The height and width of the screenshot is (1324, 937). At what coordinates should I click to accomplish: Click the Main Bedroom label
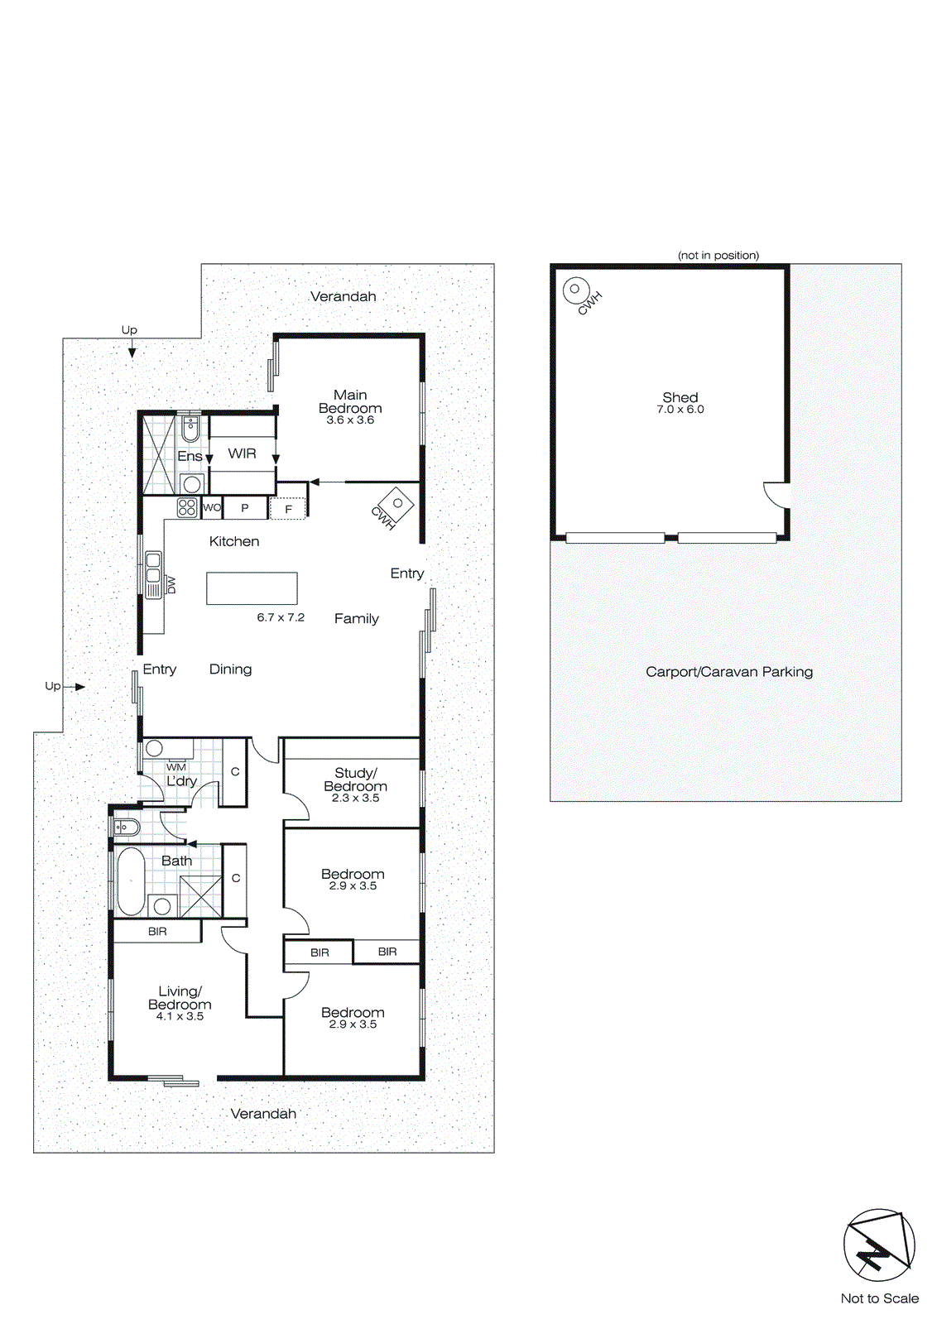pos(350,401)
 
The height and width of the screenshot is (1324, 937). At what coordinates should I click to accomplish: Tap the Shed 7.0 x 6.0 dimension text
pos(680,410)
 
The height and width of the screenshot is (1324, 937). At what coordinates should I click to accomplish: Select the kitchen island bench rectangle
pos(252,588)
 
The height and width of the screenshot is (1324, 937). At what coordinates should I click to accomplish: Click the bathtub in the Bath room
pos(131,880)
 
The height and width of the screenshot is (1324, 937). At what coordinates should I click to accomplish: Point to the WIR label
pos(242,453)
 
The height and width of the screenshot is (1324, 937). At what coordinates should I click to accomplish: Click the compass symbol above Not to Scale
pos(879,1245)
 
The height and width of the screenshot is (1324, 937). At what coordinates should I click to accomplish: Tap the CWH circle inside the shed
pos(574,290)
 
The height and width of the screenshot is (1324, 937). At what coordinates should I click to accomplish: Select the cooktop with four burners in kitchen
pos(187,507)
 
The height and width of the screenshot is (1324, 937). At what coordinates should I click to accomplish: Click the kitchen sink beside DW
pos(153,573)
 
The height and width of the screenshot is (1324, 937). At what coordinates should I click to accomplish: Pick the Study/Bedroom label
pos(355,780)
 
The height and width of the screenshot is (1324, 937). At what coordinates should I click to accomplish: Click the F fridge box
pos(288,509)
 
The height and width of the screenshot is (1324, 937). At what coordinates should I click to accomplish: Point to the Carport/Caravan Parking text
pos(728,672)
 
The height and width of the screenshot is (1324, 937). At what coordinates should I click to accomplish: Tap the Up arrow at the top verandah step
pos(131,349)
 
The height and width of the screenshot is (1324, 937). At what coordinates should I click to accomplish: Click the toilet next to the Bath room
pos(126,826)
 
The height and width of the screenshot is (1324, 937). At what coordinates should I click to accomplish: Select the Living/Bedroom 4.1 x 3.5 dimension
pos(180,1016)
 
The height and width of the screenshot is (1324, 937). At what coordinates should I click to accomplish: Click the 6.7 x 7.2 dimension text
pos(281,617)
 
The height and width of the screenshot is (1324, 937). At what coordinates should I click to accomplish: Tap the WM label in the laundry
pos(176,767)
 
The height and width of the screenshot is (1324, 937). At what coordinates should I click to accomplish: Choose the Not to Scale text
pos(879,1298)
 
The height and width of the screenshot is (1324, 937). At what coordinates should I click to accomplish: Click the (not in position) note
pos(718,255)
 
